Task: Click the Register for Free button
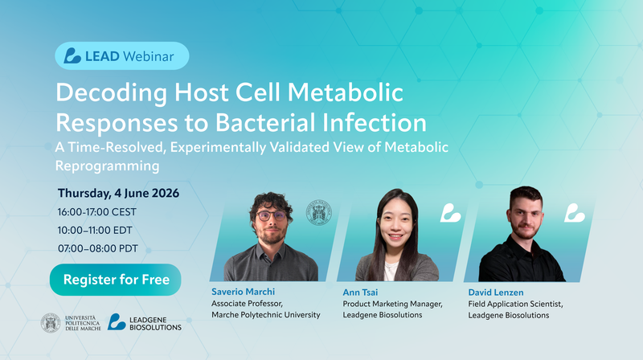pos(115,280)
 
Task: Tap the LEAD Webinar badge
pos(122,55)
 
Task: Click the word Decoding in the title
pos(112,93)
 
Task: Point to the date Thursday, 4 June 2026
pos(118,193)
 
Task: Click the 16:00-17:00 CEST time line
pos(96,212)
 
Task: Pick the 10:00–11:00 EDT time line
pos(95,231)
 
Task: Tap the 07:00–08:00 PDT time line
pos(97,248)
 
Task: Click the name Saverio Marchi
pos(244,292)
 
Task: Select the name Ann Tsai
pos(360,292)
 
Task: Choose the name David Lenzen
pos(496,292)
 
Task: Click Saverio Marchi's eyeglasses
pos(271,215)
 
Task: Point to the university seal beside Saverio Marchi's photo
pos(319,212)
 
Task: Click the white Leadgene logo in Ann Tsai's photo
pos(450,213)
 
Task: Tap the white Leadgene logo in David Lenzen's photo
pos(574,213)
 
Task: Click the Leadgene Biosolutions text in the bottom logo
pos(155,324)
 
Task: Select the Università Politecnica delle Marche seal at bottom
pos(51,323)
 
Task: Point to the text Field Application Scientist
pos(515,304)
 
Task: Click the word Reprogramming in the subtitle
pos(108,166)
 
